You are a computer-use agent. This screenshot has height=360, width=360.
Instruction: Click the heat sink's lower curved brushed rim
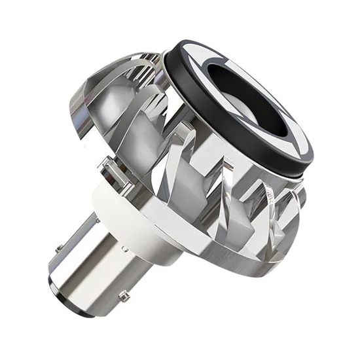(x=216, y=262)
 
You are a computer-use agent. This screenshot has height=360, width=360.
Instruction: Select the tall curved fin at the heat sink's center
(x=190, y=190)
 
